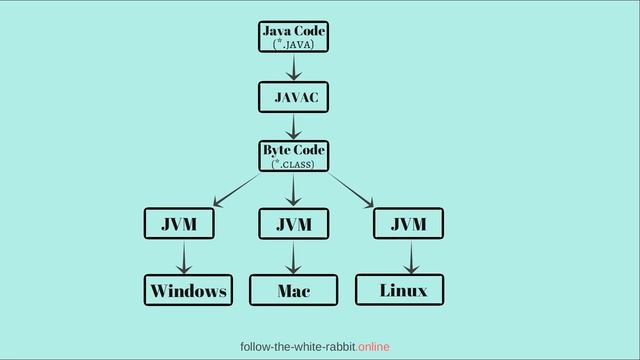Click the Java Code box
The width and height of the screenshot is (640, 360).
pyautogui.click(x=293, y=36)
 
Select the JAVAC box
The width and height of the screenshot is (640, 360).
pyautogui.click(x=294, y=97)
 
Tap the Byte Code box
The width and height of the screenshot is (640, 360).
pyautogui.click(x=293, y=155)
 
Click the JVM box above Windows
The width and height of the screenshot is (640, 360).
pyautogui.click(x=180, y=224)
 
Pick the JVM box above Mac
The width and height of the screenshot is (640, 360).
pyautogui.click(x=294, y=224)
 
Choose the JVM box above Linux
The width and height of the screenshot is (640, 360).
pyautogui.click(x=408, y=223)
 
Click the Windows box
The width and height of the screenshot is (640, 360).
pyautogui.click(x=188, y=290)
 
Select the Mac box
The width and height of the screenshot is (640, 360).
pyautogui.click(x=294, y=290)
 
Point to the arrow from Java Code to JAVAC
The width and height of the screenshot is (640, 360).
pyautogui.click(x=294, y=66)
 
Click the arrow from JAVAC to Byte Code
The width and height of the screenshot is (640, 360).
pyautogui.click(x=294, y=126)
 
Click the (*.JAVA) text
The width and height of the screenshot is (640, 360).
pyautogui.click(x=293, y=44)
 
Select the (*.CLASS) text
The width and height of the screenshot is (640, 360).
pyautogui.click(x=293, y=163)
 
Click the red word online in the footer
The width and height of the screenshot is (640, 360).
pyautogui.click(x=373, y=346)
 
